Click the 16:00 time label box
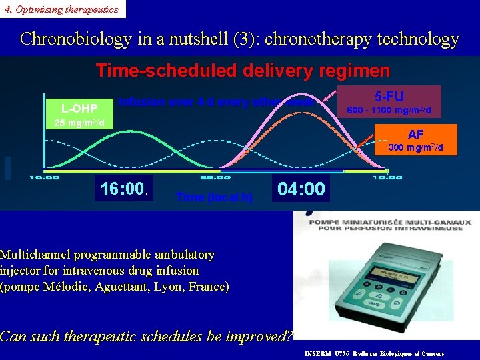(123, 189)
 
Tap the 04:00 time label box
(301, 189)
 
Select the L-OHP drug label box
(79, 108)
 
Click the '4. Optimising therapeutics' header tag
(61, 9)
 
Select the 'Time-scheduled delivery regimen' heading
(243, 70)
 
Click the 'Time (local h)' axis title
(214, 197)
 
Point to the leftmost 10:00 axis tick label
(44, 177)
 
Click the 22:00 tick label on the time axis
(215, 177)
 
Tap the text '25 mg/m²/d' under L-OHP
(75, 123)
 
